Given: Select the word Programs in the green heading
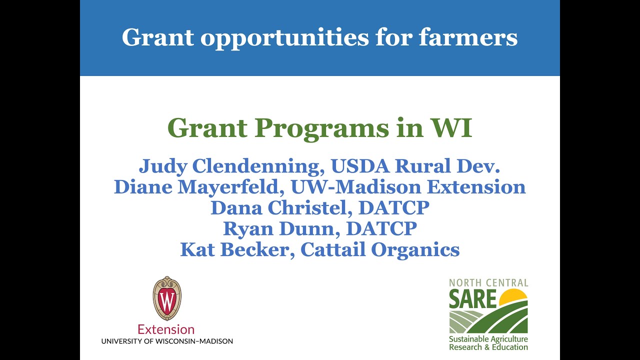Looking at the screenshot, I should coord(320,128).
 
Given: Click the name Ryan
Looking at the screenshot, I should coord(245,228).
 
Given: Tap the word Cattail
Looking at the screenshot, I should coord(332,249).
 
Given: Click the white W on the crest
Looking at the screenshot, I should coord(166,301).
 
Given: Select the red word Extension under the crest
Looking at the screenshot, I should coord(166,329).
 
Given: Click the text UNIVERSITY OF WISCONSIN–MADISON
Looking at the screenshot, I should coord(167,341).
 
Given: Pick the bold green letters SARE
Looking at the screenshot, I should coord(472,298).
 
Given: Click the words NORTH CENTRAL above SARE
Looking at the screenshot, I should coord(488,283).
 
